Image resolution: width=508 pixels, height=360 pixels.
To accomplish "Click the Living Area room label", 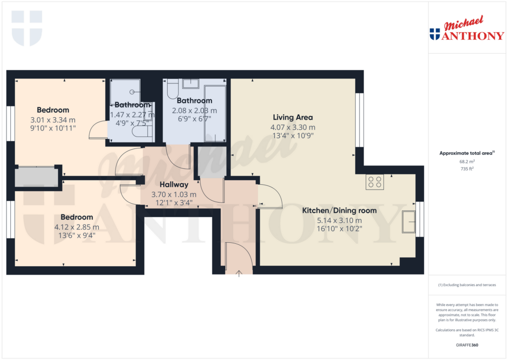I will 293,118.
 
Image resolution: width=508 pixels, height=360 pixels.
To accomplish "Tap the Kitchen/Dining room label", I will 339,211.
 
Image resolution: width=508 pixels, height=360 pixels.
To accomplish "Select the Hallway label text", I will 173,184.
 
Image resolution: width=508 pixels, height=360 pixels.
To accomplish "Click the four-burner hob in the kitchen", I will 374,182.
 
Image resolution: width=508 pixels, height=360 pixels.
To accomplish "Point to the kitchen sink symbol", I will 409,221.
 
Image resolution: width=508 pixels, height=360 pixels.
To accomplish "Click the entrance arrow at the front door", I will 239,273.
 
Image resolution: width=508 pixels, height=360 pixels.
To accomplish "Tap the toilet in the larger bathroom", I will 173,90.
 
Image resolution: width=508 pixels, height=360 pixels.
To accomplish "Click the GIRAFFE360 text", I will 467,345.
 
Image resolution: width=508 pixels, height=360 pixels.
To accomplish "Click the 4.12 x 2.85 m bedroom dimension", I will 77,227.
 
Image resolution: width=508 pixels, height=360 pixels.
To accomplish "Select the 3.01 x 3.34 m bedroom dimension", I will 53,120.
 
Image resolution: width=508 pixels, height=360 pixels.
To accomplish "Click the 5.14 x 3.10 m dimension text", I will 339,220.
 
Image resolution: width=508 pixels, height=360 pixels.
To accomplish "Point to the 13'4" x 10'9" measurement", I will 293,136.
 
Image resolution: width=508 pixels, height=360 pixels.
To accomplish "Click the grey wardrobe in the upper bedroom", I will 36,177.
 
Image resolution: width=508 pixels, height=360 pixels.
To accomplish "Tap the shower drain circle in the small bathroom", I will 132,92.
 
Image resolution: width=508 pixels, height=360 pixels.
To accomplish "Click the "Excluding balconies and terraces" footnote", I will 467,285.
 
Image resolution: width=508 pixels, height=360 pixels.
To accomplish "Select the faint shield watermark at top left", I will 27,28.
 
